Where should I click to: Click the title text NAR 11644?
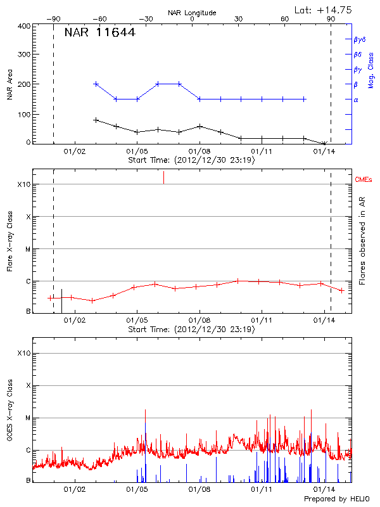99,34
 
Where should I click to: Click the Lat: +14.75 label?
324,10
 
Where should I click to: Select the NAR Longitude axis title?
192,12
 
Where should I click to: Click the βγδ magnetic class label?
359,39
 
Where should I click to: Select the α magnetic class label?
356,100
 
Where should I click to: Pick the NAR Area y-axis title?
9,85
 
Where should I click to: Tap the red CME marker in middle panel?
163,177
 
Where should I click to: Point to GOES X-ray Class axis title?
9,415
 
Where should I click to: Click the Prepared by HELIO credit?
336,499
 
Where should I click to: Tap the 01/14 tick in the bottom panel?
324,490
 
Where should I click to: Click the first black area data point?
96,120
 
